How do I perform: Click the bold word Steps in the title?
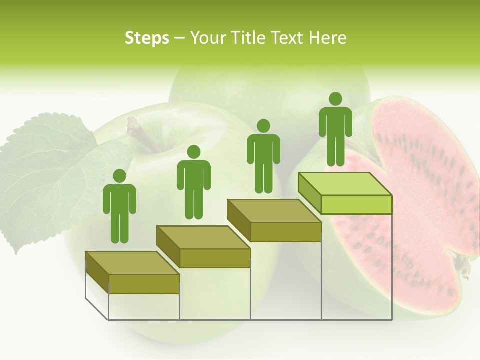click(x=147, y=38)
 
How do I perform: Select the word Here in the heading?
click(x=327, y=38)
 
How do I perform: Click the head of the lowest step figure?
click(x=119, y=176)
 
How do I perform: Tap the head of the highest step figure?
click(x=335, y=99)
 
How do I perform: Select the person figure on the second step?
click(x=193, y=182)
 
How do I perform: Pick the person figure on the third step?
click(x=263, y=156)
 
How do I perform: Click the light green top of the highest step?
click(x=345, y=184)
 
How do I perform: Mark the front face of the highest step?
click(x=356, y=204)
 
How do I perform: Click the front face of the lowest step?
click(x=144, y=284)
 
